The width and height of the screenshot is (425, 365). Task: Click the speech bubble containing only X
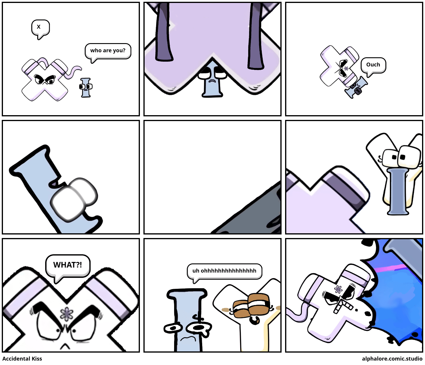[40, 27]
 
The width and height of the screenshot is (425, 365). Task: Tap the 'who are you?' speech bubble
[108, 51]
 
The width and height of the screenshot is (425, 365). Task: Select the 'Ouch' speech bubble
[373, 65]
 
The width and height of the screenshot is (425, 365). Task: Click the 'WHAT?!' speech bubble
[68, 265]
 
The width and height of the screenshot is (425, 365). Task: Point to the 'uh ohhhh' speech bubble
[224, 271]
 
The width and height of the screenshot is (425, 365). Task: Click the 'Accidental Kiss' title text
[22, 359]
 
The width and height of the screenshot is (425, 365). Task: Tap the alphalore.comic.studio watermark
[392, 359]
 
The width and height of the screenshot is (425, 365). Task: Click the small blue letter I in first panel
[86, 87]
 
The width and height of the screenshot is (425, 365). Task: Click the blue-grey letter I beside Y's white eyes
[398, 192]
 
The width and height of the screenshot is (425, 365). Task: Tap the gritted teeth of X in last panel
[342, 306]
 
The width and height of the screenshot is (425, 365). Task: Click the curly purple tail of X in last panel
[298, 315]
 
